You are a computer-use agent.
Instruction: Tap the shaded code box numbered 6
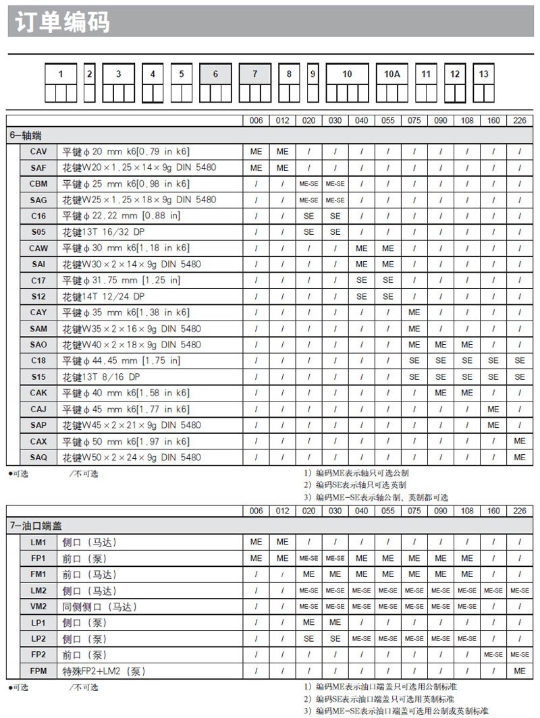pyautogui.click(x=215, y=75)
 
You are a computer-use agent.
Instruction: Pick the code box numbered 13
pyautogui.click(x=483, y=75)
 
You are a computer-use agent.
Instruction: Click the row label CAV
pyautogui.click(x=38, y=151)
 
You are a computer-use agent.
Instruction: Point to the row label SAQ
pyautogui.click(x=38, y=458)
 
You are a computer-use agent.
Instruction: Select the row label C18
pyautogui.click(x=38, y=361)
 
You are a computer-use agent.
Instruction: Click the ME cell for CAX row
pyautogui.click(x=519, y=441)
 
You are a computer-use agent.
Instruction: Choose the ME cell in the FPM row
pyautogui.click(x=519, y=671)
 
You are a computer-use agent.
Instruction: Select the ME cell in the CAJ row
pyautogui.click(x=493, y=409)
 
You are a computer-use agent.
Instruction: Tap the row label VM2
pyautogui.click(x=38, y=607)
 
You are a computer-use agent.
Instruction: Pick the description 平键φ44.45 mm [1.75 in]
pyautogui.click(x=122, y=361)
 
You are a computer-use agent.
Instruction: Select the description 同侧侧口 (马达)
pyautogui.click(x=99, y=607)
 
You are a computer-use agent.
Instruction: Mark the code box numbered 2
pyautogui.click(x=90, y=75)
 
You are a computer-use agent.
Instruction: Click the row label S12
pyautogui.click(x=38, y=296)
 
